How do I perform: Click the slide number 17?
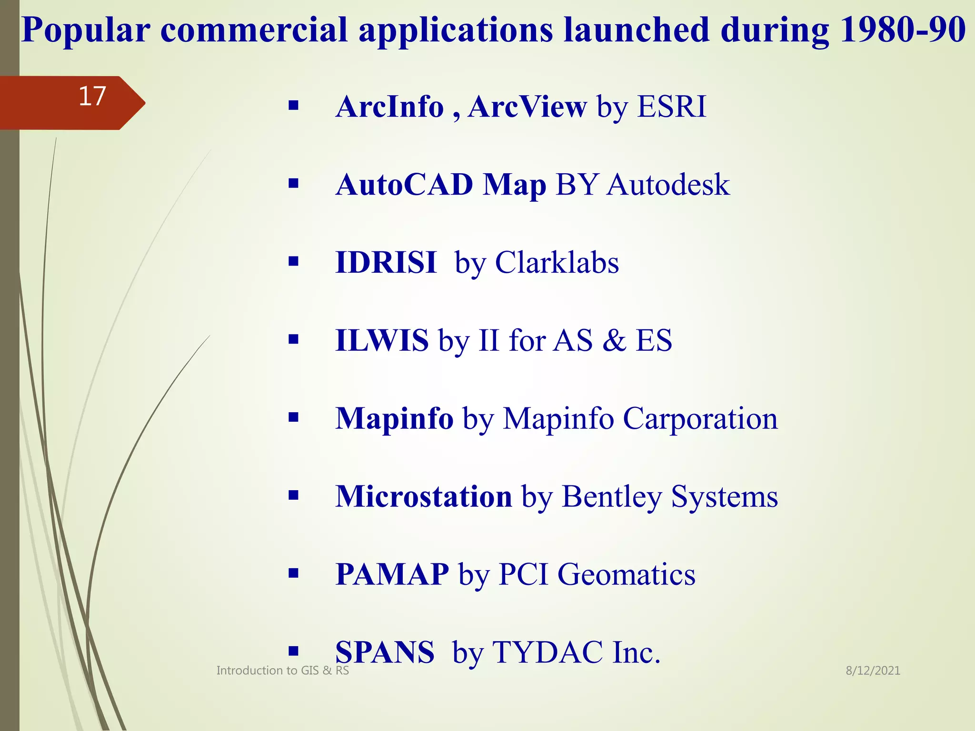point(92,97)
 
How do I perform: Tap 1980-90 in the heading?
point(902,30)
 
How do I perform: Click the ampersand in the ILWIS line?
point(614,341)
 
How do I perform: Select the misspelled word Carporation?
point(700,419)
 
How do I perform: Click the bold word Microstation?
point(424,497)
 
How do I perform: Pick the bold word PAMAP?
point(392,574)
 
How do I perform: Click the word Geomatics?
point(626,574)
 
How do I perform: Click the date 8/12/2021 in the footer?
point(873,671)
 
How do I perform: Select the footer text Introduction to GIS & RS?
point(282,671)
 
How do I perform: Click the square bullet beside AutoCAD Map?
point(293,183)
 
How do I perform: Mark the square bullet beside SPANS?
point(293,651)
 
